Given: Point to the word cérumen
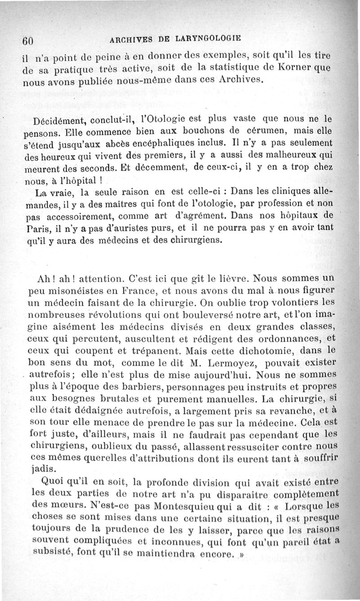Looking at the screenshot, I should tap(278, 132).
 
